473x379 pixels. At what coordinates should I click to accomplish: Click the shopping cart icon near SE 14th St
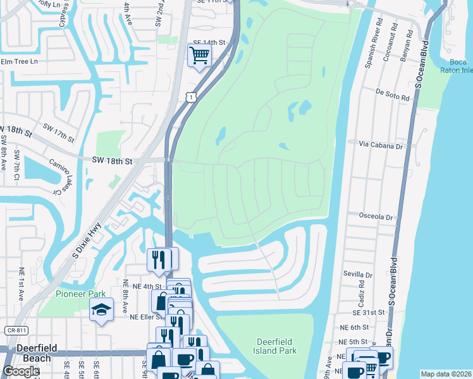pyautogui.click(x=199, y=55)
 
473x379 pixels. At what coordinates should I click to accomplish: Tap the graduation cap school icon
pyautogui.click(x=101, y=310)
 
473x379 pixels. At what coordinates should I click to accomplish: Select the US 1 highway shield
pyautogui.click(x=190, y=96)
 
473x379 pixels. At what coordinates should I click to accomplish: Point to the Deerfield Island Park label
pyautogui.click(x=279, y=346)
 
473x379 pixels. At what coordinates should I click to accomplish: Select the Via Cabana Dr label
pyautogui.click(x=380, y=146)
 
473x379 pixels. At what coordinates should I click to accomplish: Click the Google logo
pyautogui.click(x=21, y=371)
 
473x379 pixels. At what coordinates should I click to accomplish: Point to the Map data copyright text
pyautogui.click(x=446, y=374)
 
